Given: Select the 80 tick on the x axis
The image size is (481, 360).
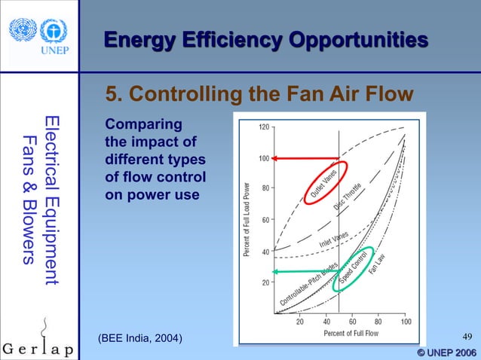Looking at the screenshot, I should (x=378, y=322).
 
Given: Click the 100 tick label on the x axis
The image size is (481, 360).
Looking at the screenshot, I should (x=405, y=322).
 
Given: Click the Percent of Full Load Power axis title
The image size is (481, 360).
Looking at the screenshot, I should (x=247, y=219).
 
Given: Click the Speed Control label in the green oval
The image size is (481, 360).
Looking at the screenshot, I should (x=354, y=267).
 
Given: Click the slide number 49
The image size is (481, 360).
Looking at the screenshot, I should (x=465, y=337).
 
